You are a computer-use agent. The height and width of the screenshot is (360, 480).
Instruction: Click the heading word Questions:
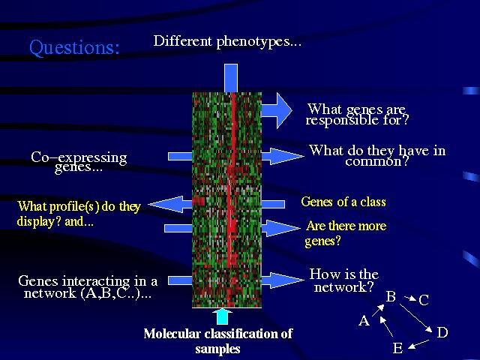74,48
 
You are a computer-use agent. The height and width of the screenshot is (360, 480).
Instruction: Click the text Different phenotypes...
226,41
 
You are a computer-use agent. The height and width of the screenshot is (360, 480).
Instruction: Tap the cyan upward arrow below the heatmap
222,315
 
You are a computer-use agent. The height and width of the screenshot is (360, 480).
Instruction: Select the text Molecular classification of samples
217,341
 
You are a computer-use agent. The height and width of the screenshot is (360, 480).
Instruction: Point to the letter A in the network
364,321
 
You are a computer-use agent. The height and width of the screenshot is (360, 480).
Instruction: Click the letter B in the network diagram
391,297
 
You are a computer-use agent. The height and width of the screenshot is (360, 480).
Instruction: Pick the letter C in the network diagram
424,301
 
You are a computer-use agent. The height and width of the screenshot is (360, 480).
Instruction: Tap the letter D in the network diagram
442,332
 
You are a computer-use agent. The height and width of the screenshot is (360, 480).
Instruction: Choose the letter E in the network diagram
397,349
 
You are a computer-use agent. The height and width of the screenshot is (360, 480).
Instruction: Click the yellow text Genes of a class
343,202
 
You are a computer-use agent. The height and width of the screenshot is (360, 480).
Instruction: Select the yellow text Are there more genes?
345,233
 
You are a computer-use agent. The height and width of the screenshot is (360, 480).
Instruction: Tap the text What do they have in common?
376,155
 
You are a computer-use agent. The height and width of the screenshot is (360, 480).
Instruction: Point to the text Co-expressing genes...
79,161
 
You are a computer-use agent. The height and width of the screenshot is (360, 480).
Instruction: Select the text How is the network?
343,280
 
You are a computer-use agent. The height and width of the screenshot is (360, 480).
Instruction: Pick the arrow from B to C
407,299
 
